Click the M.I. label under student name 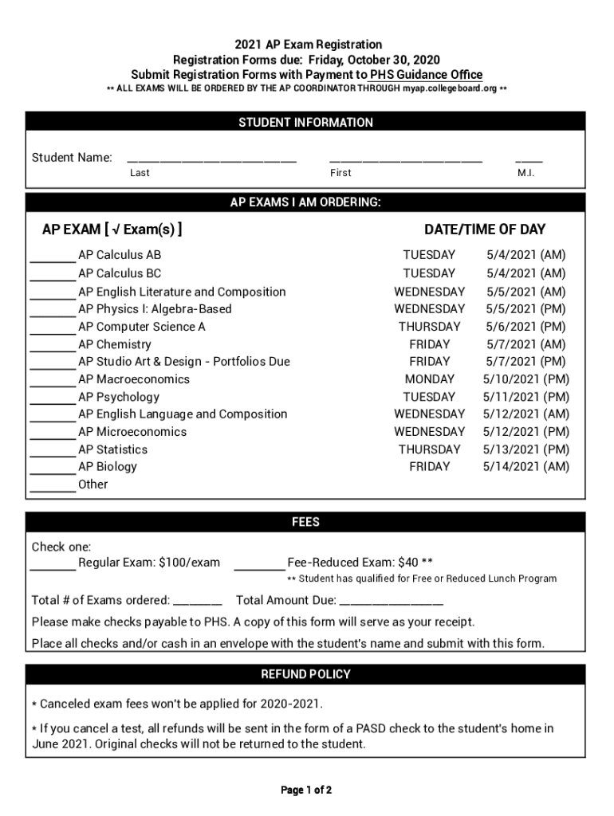coord(526,173)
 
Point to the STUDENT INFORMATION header coord(305,123)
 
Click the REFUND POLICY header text coord(305,674)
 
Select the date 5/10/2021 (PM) coord(526,379)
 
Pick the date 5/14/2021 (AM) coord(526,467)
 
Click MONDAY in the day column coord(430,379)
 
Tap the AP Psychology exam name coord(119,397)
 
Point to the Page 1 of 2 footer coord(306,790)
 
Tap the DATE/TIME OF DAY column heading coord(485,229)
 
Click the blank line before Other coord(53,488)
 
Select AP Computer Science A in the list coord(142,327)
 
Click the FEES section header coord(305,522)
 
